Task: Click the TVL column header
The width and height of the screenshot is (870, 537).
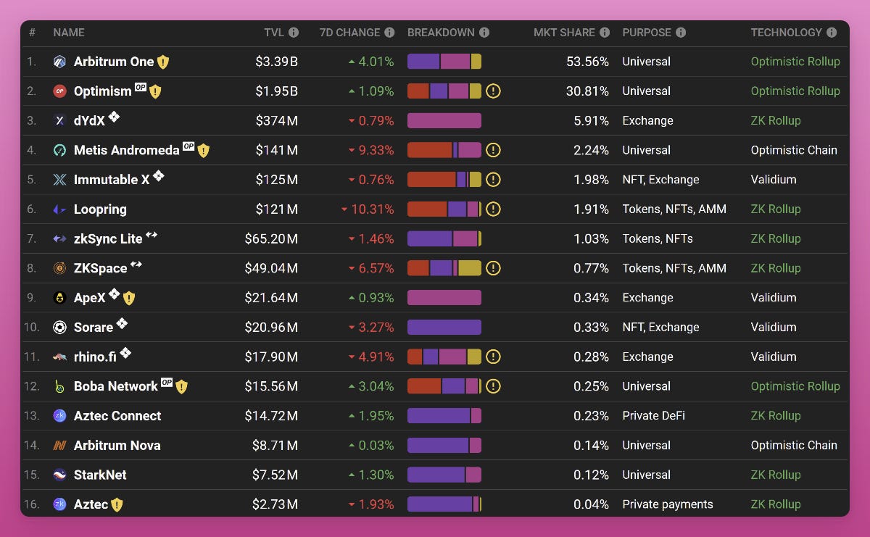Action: [274, 33]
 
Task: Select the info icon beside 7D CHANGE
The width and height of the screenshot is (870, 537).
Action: [389, 33]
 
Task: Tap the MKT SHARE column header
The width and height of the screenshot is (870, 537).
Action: [564, 33]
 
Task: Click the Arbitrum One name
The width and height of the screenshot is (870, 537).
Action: [114, 62]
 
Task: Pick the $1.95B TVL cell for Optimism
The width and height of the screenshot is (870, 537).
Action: [276, 91]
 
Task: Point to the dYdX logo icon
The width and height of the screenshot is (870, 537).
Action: [59, 121]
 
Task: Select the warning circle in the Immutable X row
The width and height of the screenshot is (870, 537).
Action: [494, 180]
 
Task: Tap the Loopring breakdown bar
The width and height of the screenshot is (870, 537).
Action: [444, 209]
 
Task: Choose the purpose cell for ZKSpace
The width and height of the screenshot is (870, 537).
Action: [674, 268]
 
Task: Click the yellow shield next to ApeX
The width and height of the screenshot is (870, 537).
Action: [129, 298]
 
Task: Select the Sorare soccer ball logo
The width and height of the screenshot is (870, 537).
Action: [59, 328]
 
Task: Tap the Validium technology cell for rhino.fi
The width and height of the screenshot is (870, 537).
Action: [774, 357]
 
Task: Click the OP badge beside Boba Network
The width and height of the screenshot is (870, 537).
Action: [167, 383]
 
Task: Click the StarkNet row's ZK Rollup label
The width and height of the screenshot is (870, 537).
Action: [776, 475]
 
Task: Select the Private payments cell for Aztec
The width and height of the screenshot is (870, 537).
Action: [667, 504]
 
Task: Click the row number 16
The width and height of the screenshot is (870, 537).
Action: [32, 504]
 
